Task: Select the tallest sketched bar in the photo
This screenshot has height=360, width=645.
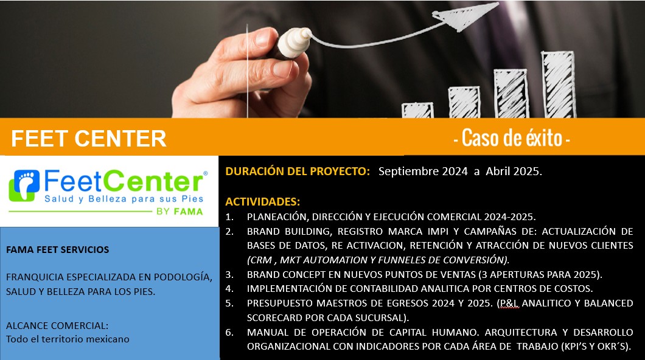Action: [558, 85]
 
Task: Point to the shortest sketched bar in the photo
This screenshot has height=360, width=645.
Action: [417, 110]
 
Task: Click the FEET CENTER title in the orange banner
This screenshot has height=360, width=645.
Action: [88, 139]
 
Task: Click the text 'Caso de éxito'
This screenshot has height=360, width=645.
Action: [512, 137]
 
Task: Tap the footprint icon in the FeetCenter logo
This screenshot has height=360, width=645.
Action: [24, 185]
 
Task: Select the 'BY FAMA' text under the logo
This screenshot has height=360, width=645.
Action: [180, 212]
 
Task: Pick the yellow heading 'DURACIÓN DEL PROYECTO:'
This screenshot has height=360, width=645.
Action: [298, 171]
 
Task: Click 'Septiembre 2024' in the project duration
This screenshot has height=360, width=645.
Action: [423, 171]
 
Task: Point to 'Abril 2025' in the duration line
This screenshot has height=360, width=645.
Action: [512, 171]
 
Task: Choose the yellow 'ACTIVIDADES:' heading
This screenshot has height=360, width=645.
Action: [262, 202]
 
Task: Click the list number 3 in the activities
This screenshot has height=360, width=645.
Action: [229, 274]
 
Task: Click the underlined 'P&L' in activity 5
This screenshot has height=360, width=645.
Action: [509, 303]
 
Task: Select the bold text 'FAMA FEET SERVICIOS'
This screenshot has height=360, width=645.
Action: [58, 249]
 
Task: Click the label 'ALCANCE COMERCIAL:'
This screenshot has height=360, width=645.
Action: [57, 325]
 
